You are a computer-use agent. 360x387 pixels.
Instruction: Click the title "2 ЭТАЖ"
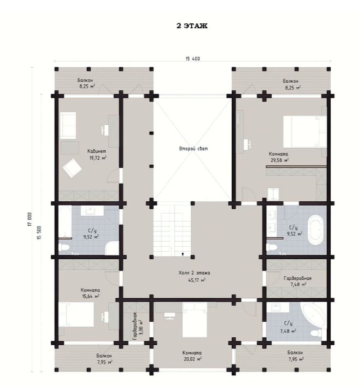tap(192, 26)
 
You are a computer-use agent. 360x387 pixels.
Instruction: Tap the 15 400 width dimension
tap(193, 59)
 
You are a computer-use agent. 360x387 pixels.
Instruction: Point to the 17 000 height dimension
tap(30, 219)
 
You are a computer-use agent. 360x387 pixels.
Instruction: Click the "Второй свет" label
tap(194, 149)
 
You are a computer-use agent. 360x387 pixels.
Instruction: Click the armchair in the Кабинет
tap(72, 168)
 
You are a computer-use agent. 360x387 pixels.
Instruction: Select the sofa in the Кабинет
tap(68, 125)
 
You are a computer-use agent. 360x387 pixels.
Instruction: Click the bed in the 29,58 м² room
tap(305, 131)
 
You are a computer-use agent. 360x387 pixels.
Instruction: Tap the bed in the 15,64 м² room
tap(76, 314)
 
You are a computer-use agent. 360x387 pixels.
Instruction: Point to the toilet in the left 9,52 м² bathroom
tap(63, 247)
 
